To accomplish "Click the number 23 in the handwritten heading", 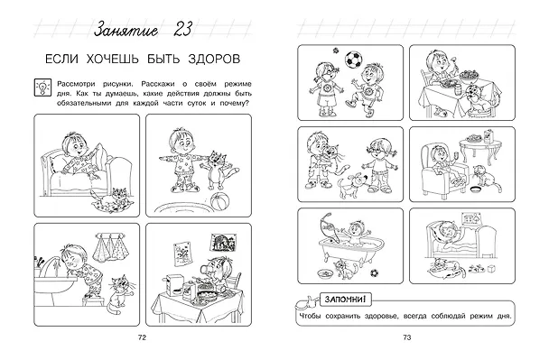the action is [x=182, y=29].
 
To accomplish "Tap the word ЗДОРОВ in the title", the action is [x=214, y=59].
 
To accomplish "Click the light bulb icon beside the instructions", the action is [x=42, y=88].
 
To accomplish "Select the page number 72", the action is [x=142, y=337].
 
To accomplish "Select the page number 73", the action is [x=407, y=337].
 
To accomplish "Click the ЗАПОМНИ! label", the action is [x=345, y=300].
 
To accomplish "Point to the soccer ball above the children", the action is [x=353, y=60].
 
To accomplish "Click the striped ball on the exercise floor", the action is [x=220, y=202].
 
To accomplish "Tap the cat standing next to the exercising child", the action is [x=219, y=171].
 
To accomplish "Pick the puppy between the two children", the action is [x=350, y=185].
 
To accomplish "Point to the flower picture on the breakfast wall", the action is [x=182, y=254].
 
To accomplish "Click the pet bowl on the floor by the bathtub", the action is [x=325, y=273].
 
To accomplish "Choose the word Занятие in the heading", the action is [x=126, y=30].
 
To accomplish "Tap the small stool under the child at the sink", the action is [x=94, y=300].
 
